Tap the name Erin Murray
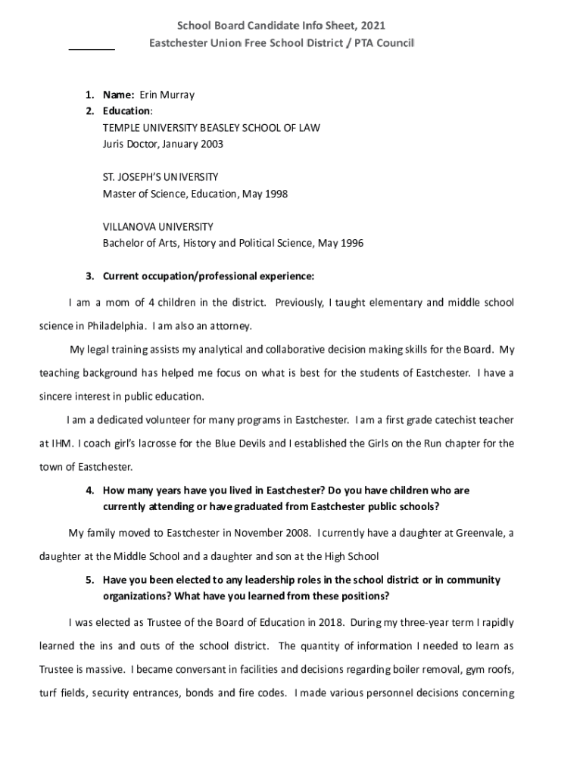(166, 95)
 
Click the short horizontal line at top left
(92, 49)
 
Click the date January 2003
(191, 143)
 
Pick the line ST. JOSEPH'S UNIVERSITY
(161, 177)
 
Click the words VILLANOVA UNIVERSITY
(157, 227)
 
